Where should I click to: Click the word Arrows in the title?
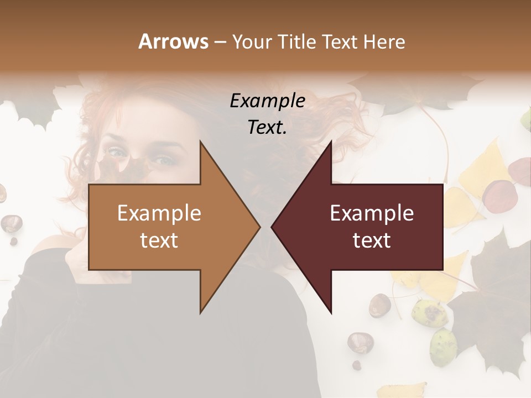(x=173, y=41)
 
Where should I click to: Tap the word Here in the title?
(x=384, y=41)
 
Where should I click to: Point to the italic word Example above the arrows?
(x=267, y=101)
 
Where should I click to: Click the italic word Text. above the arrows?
(x=267, y=128)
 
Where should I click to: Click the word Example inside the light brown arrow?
(x=159, y=213)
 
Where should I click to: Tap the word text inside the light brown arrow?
(x=159, y=240)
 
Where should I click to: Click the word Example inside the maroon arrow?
(x=372, y=213)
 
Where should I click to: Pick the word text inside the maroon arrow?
(x=372, y=240)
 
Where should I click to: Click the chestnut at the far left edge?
(x=11, y=223)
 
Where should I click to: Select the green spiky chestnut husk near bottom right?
(x=442, y=347)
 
